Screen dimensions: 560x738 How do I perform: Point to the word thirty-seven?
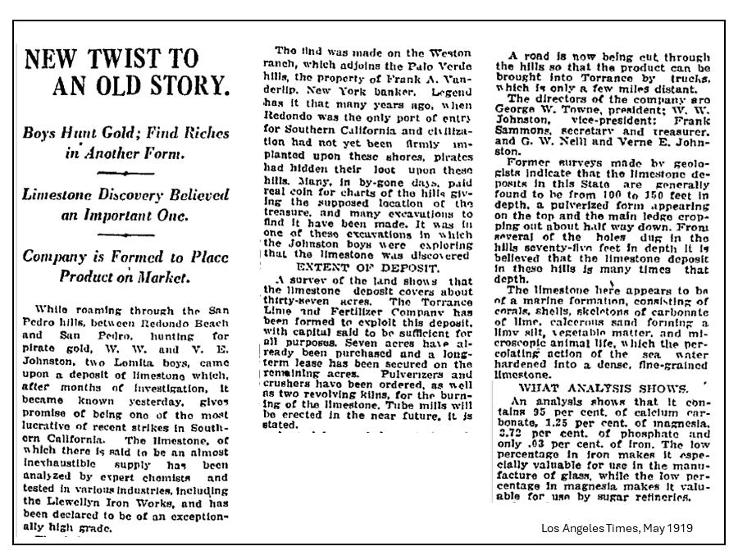click(x=300, y=302)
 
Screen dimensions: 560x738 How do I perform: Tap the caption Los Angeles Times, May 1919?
click(x=616, y=527)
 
